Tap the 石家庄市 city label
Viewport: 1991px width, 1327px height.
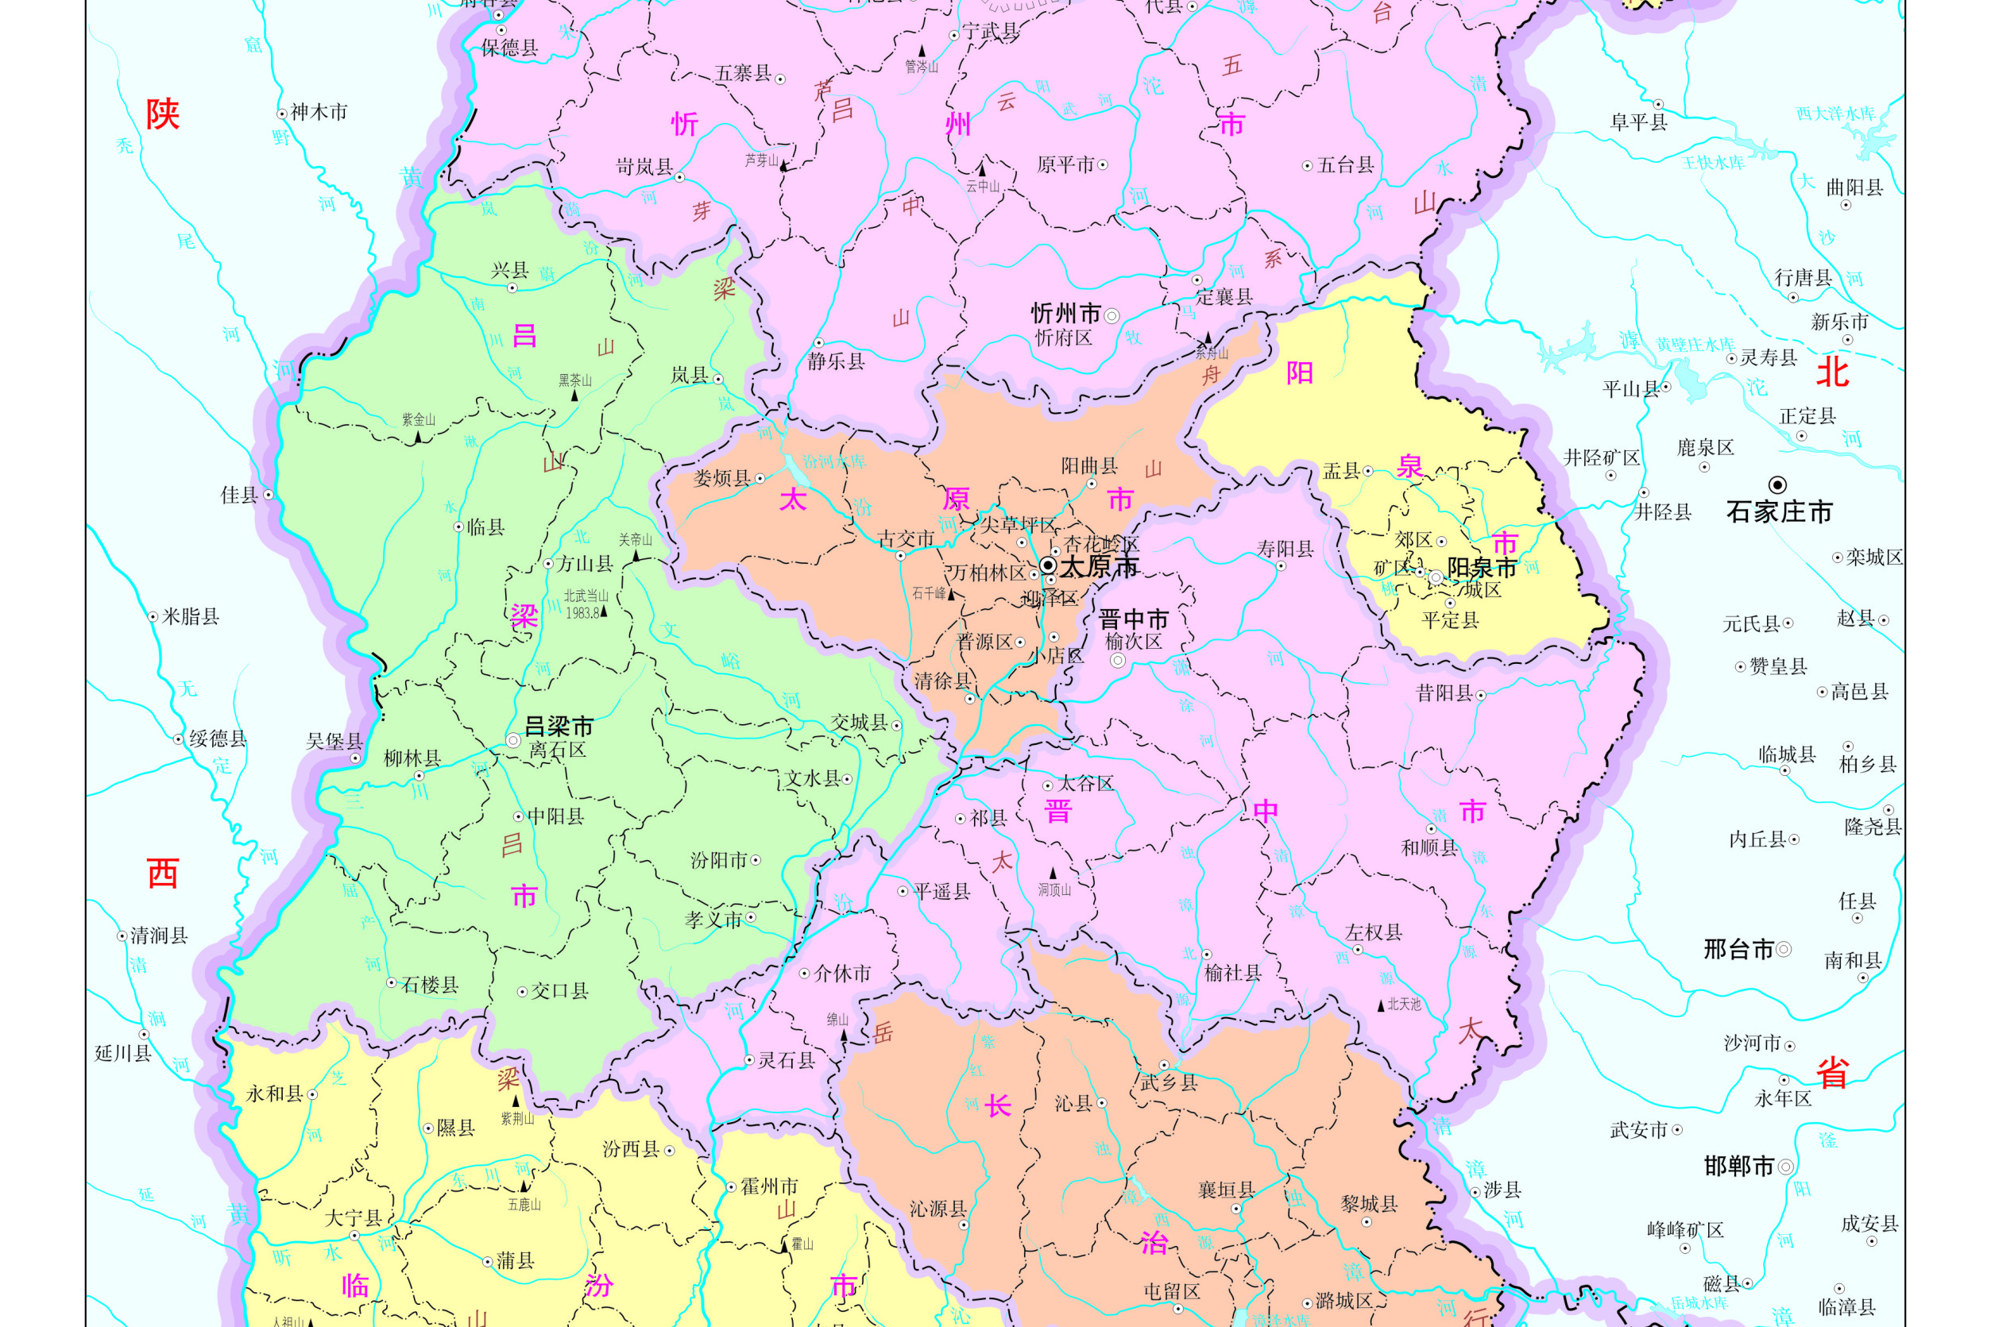[1779, 511]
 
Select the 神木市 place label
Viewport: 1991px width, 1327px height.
[319, 112]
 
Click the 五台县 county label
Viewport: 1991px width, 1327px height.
[1345, 165]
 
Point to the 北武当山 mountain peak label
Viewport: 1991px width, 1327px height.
[586, 596]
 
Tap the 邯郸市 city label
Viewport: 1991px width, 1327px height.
[1738, 1167]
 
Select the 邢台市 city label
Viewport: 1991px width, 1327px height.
[1738, 950]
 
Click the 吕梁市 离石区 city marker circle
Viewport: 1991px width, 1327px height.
[513, 740]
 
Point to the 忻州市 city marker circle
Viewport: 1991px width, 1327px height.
[1111, 316]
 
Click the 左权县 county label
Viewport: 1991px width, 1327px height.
[1373, 932]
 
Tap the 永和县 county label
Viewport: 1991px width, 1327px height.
[274, 1094]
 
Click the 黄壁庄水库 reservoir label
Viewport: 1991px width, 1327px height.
[1695, 345]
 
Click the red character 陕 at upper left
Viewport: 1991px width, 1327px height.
[163, 114]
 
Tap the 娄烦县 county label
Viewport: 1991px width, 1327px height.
[722, 478]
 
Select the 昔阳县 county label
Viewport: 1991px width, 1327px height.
[1444, 693]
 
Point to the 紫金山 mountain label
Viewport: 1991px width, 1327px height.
[418, 420]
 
